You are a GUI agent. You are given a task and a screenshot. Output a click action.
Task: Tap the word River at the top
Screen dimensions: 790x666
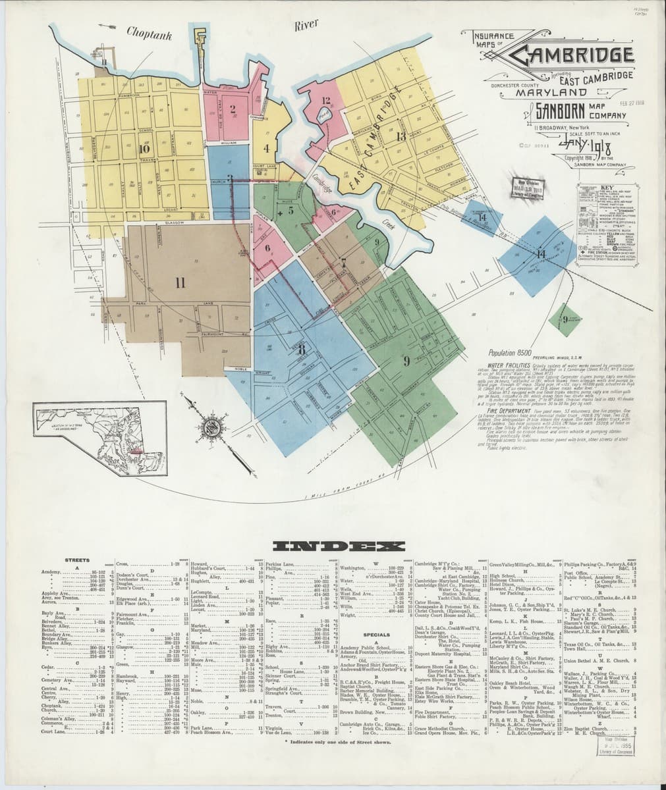(x=306, y=24)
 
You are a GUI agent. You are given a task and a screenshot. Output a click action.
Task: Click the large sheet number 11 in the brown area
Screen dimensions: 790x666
(x=179, y=284)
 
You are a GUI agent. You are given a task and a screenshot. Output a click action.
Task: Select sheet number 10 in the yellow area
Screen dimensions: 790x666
(x=146, y=148)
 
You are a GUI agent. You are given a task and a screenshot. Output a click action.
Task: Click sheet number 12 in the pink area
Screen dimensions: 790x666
(x=325, y=101)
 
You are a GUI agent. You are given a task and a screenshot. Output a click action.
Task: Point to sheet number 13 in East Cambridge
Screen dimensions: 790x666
(x=401, y=136)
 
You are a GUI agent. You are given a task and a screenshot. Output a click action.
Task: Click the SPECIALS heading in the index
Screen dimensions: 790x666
(x=381, y=635)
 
